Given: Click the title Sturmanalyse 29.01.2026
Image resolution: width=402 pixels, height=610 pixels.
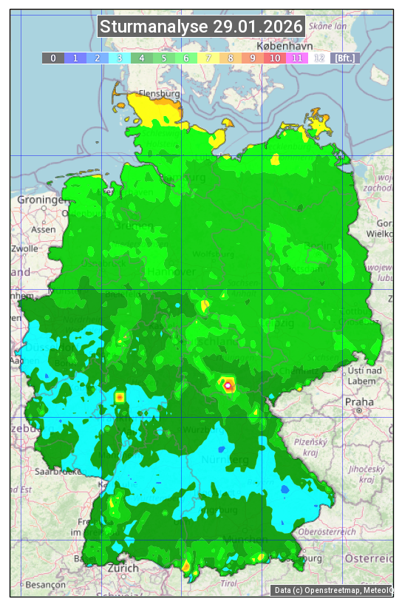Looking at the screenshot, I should (201, 27).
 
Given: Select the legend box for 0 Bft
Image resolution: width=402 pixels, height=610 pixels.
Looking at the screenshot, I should (53, 58).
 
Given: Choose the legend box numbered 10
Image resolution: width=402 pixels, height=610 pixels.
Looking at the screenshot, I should (275, 58).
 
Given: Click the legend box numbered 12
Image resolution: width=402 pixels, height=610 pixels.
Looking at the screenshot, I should (319, 58).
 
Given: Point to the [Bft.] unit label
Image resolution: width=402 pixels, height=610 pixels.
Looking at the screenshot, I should (344, 58).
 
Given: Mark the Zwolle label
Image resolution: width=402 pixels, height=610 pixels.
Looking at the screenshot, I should (24, 248).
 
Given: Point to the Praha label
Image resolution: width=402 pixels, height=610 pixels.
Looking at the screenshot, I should (358, 401).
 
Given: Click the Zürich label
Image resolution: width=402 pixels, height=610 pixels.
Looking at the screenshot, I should (123, 568).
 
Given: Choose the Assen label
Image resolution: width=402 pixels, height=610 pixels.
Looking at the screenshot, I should (44, 229).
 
